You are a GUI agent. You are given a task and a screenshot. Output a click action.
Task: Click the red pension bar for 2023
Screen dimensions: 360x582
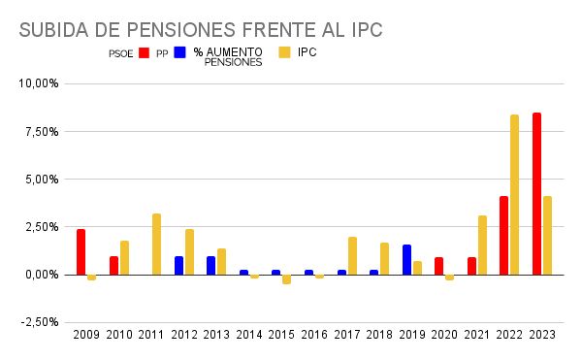536,194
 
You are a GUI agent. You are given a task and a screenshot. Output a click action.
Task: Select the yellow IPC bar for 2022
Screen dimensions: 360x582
514,195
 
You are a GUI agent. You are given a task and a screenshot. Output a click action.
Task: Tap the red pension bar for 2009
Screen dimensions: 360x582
81,252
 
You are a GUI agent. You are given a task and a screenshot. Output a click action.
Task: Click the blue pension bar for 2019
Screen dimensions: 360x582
406,260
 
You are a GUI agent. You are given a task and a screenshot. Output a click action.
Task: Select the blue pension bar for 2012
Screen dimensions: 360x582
178,266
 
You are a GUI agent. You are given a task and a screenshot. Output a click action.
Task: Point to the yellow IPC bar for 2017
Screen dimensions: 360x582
352,256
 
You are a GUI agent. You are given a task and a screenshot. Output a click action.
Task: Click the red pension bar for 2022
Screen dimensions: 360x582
503,236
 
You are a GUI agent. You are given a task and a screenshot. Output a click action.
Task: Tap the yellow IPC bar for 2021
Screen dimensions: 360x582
482,245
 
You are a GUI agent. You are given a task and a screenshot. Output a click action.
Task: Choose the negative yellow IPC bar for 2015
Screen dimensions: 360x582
286,279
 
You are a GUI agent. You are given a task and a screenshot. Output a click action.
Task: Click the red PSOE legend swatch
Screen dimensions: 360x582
143,53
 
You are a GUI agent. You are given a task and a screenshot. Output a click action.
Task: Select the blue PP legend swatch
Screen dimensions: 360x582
179,53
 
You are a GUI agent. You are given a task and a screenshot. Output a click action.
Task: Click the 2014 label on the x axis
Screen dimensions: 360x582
248,335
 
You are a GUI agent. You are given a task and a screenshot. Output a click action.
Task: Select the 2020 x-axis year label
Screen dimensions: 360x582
443,335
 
